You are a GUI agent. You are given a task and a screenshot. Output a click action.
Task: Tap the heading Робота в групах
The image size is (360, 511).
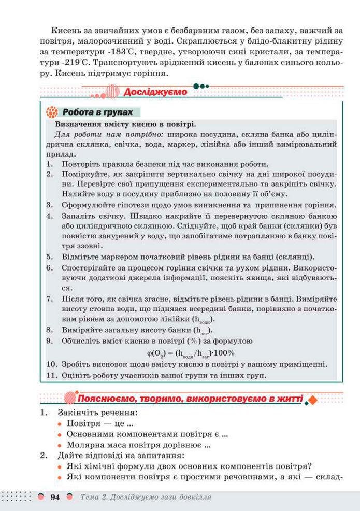[x=97, y=112]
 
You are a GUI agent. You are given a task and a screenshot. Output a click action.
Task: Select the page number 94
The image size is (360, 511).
[x=56, y=498]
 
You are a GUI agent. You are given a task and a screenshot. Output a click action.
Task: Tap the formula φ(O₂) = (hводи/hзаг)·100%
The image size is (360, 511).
[x=191, y=354]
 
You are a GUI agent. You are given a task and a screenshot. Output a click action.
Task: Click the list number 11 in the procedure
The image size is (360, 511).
[x=51, y=376]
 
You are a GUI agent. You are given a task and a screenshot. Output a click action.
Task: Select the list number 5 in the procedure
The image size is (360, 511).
[x=50, y=257]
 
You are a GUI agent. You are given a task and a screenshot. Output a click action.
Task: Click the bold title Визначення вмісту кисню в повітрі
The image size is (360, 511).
[x=125, y=125]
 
